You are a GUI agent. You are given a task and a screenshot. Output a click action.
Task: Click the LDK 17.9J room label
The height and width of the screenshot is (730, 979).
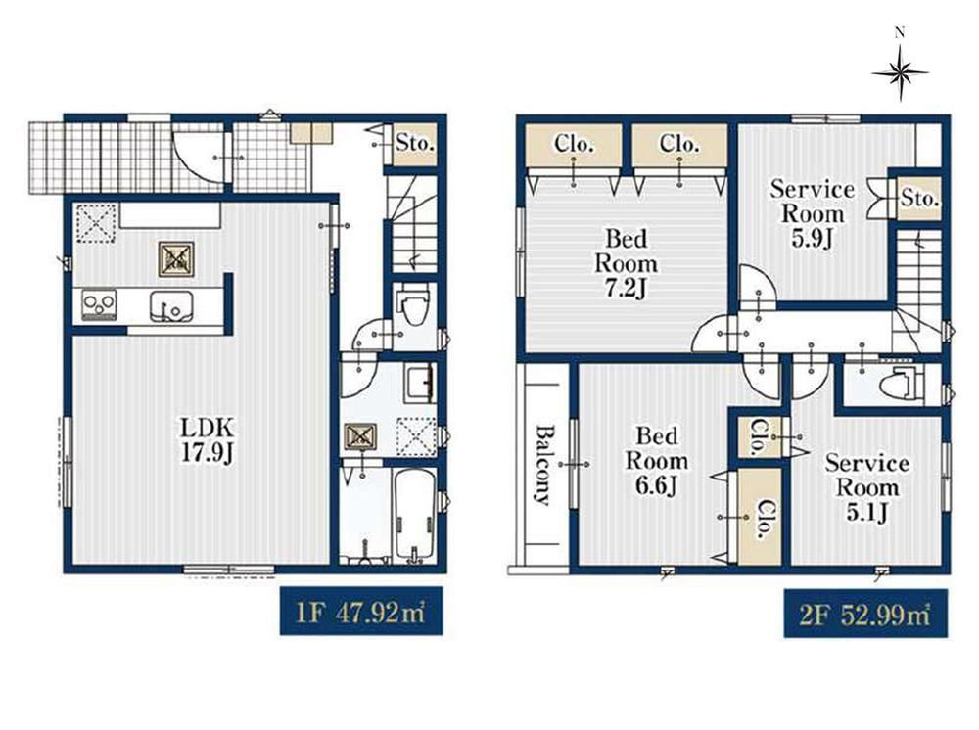tap(208, 440)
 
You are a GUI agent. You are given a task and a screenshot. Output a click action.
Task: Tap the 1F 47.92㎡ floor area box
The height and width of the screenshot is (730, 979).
tap(361, 612)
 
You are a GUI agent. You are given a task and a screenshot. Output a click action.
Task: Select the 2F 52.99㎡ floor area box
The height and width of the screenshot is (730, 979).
tap(865, 614)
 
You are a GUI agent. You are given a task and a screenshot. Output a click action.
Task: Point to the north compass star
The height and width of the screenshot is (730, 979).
tap(900, 73)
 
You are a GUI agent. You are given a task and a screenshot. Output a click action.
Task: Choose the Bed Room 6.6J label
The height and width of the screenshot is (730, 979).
tap(656, 461)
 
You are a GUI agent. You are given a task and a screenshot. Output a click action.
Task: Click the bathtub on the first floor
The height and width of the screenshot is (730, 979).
tap(414, 516)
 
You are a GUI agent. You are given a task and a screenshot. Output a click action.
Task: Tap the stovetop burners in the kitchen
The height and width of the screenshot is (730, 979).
tap(99, 305)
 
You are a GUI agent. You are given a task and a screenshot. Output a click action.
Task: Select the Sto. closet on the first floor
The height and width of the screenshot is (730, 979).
tap(414, 144)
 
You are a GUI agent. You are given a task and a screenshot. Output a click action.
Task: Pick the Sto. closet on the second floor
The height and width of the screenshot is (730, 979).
tap(919, 199)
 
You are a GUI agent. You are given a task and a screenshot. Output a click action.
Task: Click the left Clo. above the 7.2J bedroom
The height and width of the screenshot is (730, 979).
tap(574, 145)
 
